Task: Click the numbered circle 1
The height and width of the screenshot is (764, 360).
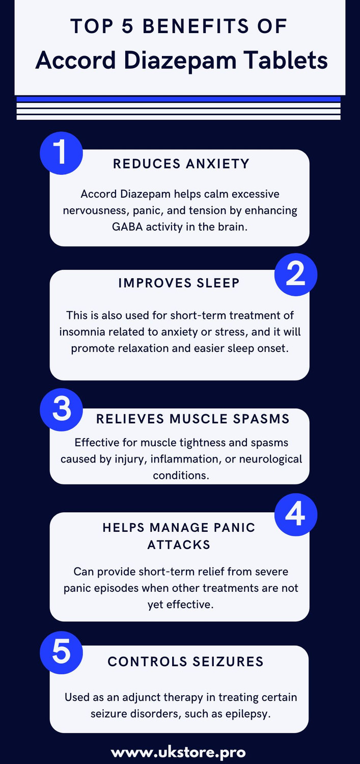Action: pyautogui.click(x=61, y=153)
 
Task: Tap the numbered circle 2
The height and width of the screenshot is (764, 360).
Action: pyautogui.click(x=296, y=275)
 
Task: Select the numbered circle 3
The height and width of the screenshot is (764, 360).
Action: pyautogui.click(x=61, y=410)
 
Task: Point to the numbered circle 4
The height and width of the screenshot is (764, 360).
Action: pyautogui.click(x=296, y=515)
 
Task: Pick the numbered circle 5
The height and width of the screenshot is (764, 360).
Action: pyautogui.click(x=61, y=653)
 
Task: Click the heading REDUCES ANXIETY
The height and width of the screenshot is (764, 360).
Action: pyautogui.click(x=181, y=163)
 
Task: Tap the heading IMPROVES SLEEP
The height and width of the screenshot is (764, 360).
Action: pyautogui.click(x=179, y=283)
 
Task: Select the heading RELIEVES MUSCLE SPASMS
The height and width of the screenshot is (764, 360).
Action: pyautogui.click(x=193, y=419)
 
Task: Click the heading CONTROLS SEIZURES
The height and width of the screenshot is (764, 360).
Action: pyautogui.click(x=186, y=662)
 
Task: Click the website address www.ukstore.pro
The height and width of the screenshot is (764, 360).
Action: pyautogui.click(x=179, y=752)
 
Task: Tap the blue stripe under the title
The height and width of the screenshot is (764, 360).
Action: pyautogui.click(x=178, y=99)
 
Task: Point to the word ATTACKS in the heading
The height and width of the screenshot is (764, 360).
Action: pyautogui.click(x=179, y=544)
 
